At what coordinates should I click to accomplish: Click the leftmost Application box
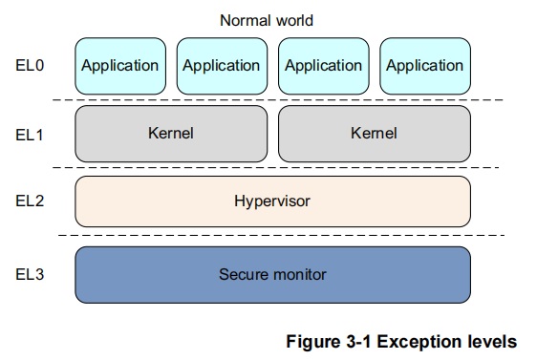coord(119,66)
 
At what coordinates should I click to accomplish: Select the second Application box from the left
coord(221,66)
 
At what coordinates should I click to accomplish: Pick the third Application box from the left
coord(323,66)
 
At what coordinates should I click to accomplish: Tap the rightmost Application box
coord(424,66)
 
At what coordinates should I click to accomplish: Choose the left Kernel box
coord(171,134)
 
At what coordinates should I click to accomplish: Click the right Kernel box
coord(374,134)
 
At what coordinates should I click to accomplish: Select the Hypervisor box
coord(272,201)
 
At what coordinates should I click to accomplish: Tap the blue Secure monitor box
coord(272,275)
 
